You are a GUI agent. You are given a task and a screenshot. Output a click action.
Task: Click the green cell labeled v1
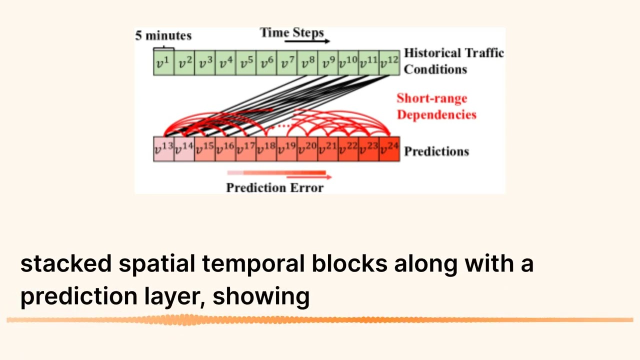click(x=163, y=63)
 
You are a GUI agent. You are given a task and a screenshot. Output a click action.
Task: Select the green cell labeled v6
click(x=266, y=63)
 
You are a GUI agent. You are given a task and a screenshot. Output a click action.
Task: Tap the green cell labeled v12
click(x=389, y=63)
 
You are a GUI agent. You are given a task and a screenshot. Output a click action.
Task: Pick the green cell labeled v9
click(x=328, y=63)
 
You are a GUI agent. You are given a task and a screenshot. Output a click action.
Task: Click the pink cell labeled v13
click(x=163, y=149)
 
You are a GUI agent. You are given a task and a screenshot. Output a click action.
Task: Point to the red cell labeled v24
click(x=389, y=149)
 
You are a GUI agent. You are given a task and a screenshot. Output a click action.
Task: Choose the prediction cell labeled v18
click(x=266, y=149)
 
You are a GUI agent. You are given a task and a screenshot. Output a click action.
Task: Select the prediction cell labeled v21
click(x=328, y=149)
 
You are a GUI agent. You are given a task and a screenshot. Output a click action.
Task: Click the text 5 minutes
click(x=163, y=36)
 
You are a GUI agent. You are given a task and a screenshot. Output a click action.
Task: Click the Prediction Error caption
click(x=274, y=188)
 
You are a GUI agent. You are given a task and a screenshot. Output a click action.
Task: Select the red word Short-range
click(x=432, y=98)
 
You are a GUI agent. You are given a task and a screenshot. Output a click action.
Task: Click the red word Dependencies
click(x=436, y=114)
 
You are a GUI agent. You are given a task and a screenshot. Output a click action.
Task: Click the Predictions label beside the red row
click(x=436, y=151)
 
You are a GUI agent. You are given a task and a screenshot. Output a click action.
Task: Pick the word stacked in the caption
click(x=65, y=263)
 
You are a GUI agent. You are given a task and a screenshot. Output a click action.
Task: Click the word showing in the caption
click(x=261, y=296)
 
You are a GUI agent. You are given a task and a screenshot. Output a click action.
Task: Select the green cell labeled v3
click(x=205, y=63)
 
